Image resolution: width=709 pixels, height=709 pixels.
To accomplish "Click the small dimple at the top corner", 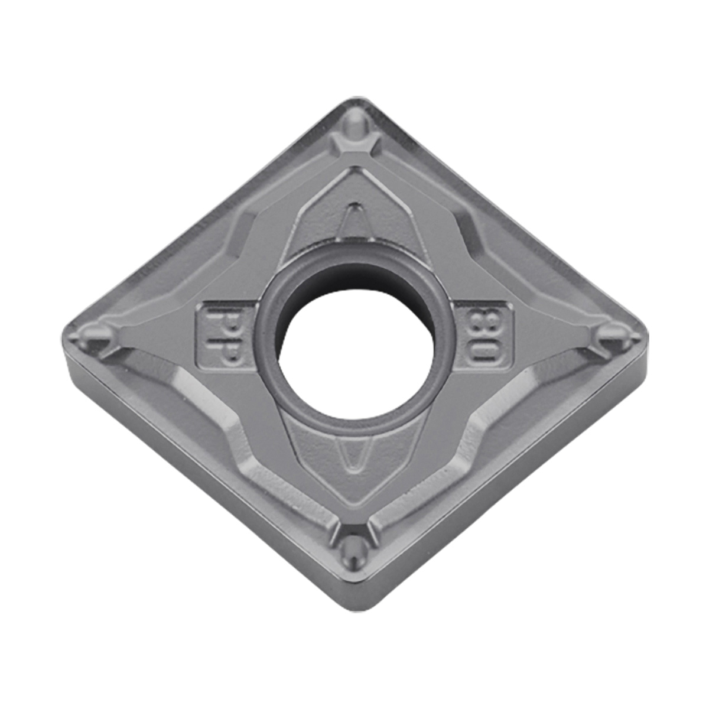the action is coord(356,128).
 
